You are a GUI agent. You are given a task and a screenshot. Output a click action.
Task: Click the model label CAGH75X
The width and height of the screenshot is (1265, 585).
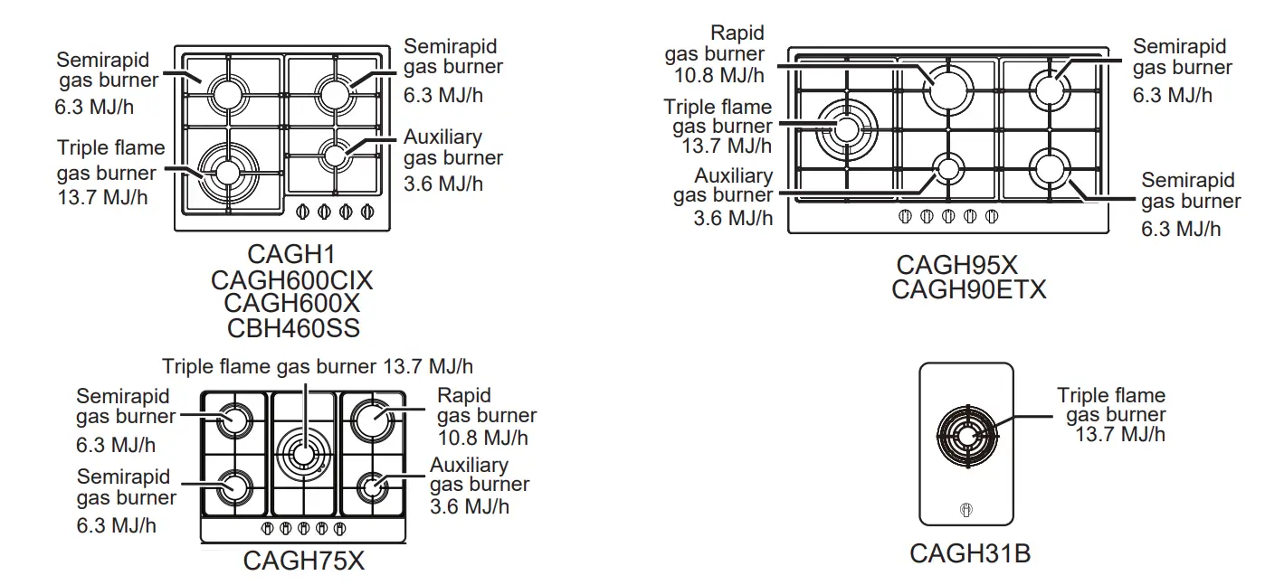pos(303,561)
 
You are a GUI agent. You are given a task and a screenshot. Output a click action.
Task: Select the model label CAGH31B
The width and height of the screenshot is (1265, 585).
pos(969,553)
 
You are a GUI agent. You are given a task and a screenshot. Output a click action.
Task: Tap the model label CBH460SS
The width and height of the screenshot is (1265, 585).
pos(292,327)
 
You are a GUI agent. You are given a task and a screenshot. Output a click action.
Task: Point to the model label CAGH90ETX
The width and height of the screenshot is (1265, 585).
pos(968,289)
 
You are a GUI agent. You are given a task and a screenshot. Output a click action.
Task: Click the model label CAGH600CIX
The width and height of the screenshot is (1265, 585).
pos(292,280)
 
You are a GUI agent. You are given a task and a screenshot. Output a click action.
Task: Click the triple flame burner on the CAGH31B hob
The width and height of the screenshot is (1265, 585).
pos(966,435)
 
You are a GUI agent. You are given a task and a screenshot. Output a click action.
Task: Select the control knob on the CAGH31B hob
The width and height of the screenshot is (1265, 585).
pos(966,510)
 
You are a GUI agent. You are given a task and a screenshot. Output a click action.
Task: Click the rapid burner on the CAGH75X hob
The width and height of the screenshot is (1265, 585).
pos(371,419)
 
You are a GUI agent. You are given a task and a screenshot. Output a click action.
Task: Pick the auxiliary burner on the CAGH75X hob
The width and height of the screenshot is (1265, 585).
pos(371,486)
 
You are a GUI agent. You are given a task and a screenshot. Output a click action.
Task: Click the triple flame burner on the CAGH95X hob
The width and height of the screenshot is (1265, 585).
pos(847,128)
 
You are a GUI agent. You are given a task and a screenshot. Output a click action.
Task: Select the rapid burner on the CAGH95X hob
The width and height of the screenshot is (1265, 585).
pos(948,89)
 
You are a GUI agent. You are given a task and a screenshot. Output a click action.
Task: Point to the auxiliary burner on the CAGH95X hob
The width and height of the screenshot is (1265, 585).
pos(948,168)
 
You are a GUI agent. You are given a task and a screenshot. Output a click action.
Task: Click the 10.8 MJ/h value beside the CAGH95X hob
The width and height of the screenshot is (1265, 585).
pos(718,75)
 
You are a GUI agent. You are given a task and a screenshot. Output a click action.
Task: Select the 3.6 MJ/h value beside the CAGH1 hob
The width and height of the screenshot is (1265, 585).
pos(443,184)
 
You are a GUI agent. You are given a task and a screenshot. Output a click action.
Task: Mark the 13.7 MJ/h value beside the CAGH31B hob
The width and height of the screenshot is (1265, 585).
pos(1120,435)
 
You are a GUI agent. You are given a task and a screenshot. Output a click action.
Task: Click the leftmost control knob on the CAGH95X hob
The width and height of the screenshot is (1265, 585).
pos(904,216)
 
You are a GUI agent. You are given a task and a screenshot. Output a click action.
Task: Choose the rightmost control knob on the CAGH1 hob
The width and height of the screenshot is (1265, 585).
pos(367,212)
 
